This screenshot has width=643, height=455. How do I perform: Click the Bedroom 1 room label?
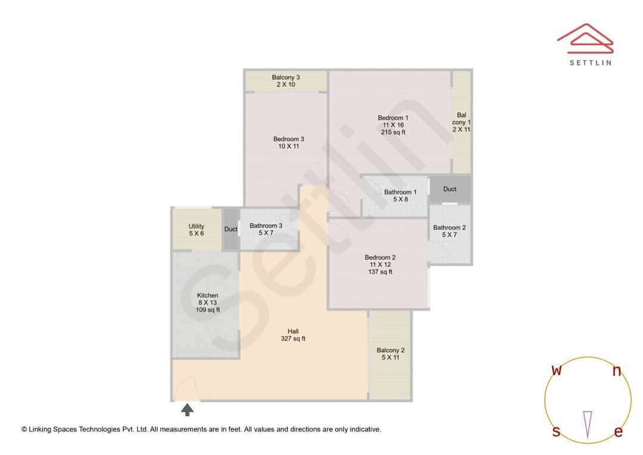(393, 118)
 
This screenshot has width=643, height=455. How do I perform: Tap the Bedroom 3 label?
(289, 139)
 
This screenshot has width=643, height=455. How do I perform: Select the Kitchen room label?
(208, 295)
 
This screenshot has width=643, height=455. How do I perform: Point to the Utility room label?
(196, 226)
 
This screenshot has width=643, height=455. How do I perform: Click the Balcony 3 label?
(286, 77)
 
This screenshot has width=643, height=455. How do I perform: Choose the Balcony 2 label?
(391, 350)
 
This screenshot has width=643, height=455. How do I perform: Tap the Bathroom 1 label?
(400, 192)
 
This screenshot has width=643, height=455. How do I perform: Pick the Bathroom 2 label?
(450, 227)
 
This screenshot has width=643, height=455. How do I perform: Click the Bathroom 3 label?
(266, 226)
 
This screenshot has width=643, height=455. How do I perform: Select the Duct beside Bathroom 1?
(450, 189)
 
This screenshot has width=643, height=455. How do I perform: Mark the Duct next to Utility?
(231, 229)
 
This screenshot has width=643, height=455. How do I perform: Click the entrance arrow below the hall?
(188, 410)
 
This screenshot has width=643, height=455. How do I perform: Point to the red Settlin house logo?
(586, 39)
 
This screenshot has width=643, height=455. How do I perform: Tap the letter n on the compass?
(617, 371)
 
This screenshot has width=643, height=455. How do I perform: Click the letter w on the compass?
(557, 370)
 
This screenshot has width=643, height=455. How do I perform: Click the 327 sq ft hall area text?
(293, 339)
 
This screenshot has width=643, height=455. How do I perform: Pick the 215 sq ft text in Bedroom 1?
(393, 132)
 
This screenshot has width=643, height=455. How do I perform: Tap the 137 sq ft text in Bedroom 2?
(380, 272)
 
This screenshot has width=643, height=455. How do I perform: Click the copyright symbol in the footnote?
(24, 429)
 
